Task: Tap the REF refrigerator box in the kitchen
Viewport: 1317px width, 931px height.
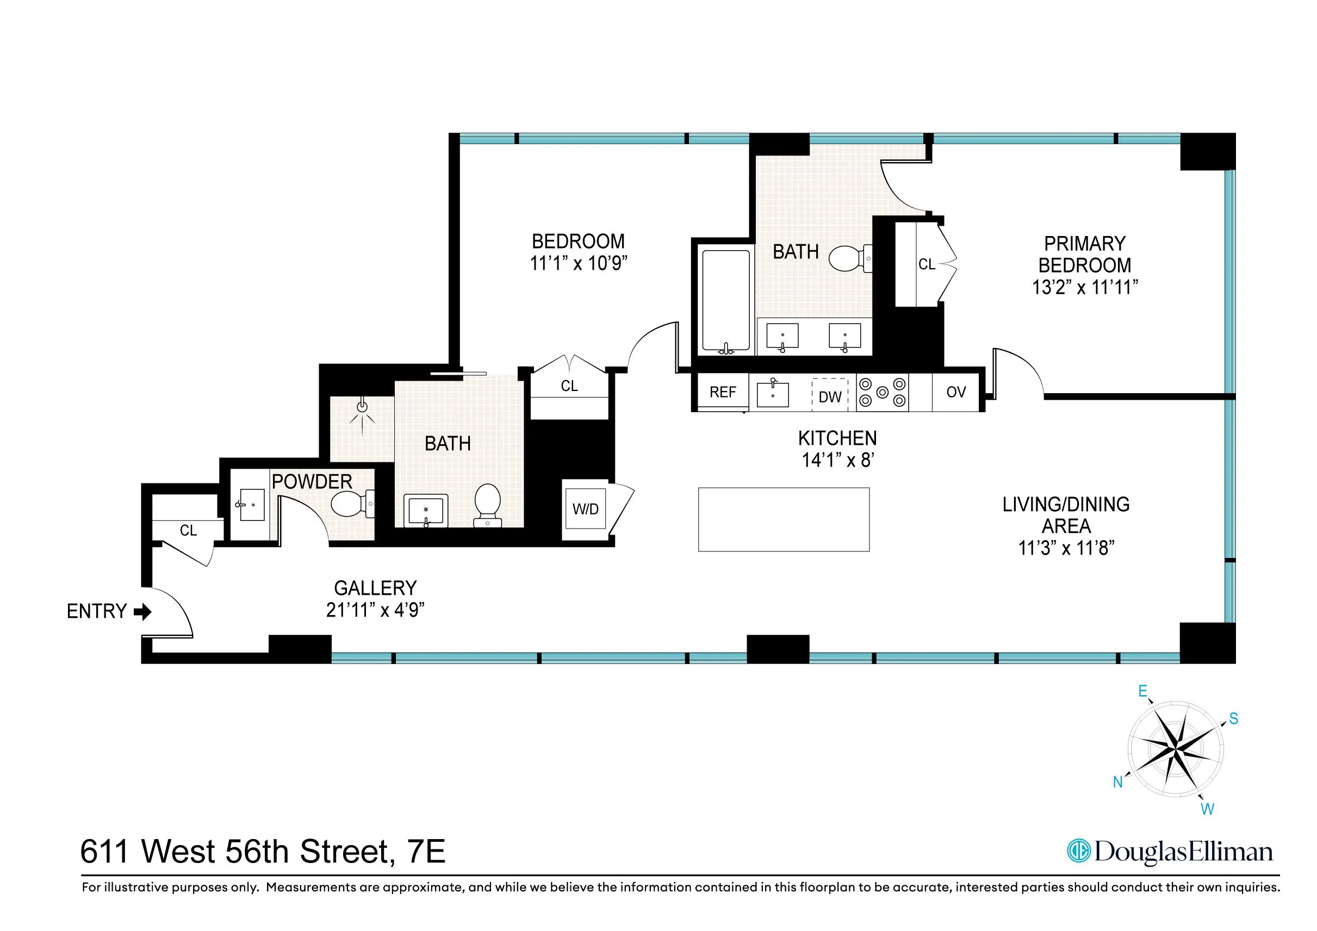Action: [722, 393]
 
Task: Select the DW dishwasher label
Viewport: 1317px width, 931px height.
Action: [829, 397]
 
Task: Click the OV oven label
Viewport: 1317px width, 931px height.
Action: [955, 393]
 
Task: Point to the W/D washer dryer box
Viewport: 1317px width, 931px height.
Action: [585, 509]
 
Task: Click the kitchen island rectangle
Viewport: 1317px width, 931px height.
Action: [784, 520]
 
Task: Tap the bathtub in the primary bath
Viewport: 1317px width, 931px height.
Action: [725, 301]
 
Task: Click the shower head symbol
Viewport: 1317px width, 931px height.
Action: [362, 407]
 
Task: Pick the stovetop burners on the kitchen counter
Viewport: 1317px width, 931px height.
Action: [882, 393]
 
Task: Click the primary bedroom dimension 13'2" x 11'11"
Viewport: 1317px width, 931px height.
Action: [1085, 287]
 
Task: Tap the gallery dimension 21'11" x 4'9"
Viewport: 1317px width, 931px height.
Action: [375, 610]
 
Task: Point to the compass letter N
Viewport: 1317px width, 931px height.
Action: [1117, 782]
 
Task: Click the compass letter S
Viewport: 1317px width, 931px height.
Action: [1233, 719]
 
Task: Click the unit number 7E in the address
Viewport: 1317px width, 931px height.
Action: [426, 851]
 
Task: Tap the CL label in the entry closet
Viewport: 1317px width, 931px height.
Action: [188, 531]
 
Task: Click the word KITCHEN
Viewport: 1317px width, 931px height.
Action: [837, 438]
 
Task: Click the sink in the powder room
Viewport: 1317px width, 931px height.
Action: [251, 505]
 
